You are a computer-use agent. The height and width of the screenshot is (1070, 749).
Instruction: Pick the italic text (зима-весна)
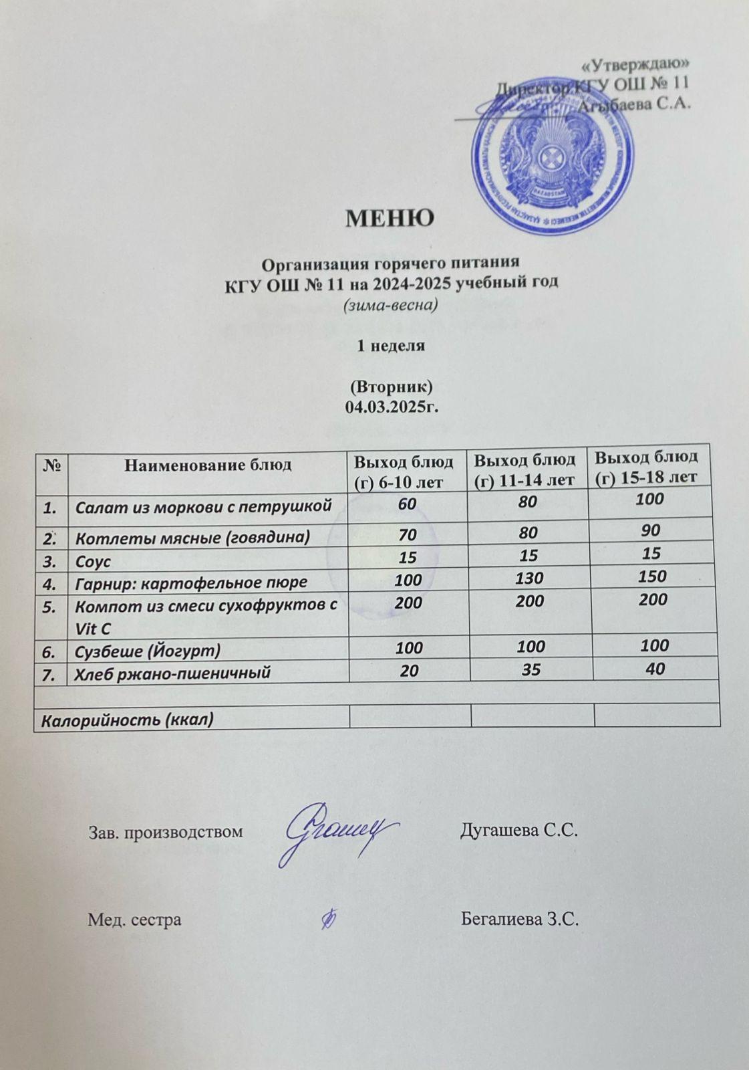[x=390, y=306]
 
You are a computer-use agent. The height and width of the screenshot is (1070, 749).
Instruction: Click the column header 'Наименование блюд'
[x=208, y=464]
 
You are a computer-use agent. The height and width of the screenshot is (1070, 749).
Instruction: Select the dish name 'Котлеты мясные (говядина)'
[x=192, y=537]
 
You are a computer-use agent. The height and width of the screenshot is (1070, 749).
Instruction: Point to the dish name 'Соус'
[x=93, y=560]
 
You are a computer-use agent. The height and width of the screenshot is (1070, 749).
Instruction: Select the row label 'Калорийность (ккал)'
[x=128, y=720]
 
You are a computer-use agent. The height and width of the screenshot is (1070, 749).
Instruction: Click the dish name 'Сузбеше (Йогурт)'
[x=148, y=650]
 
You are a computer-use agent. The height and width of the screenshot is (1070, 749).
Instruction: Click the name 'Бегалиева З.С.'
[x=520, y=920]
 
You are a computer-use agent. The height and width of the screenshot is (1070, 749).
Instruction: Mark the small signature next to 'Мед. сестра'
[x=328, y=920]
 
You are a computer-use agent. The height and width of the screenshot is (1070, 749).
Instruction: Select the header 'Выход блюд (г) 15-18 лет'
[x=646, y=466]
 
